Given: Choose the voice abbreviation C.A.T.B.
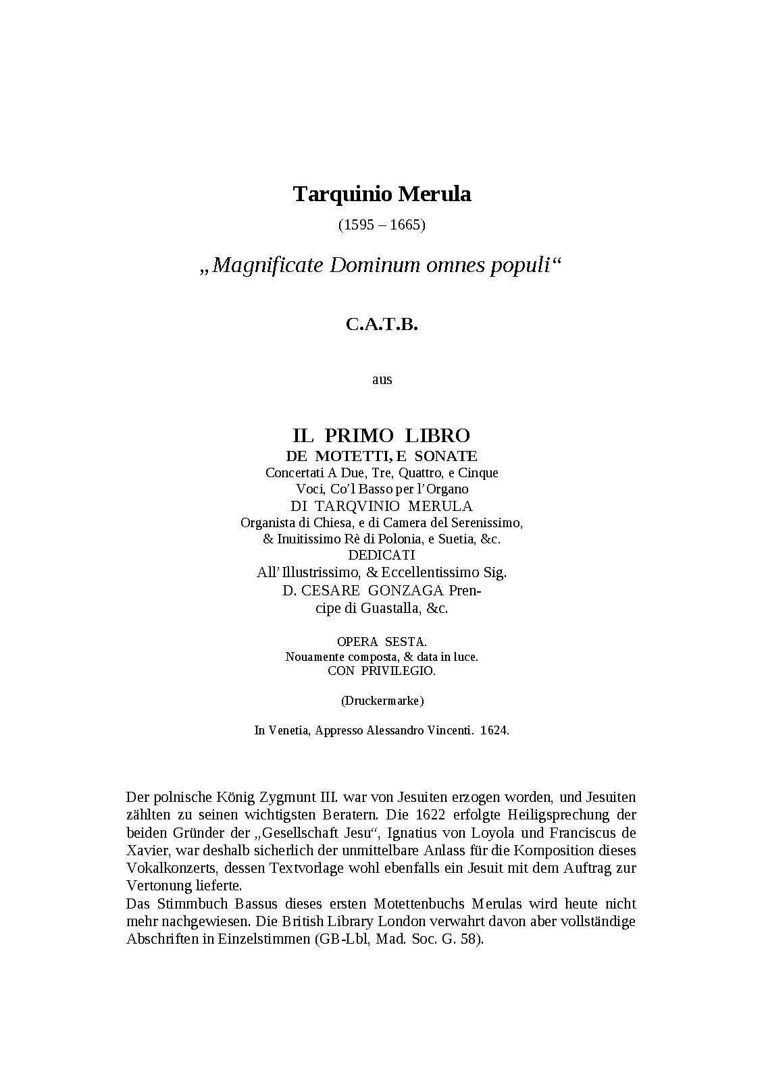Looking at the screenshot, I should (382, 325).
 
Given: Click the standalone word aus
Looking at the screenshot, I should (382, 379).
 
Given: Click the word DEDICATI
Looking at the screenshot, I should (382, 556).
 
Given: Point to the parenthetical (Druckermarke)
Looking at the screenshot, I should (382, 701).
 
